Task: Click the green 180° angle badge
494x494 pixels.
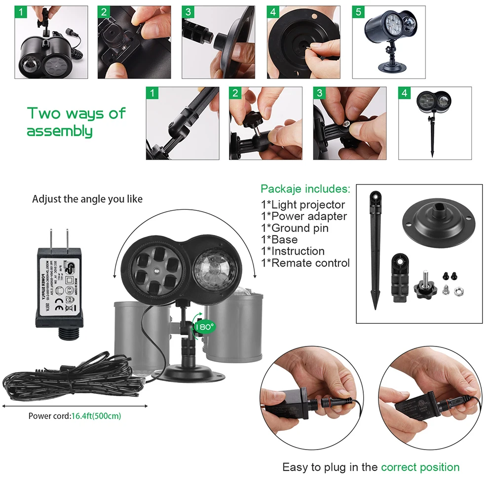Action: [203, 326]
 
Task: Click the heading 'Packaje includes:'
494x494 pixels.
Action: [305, 189]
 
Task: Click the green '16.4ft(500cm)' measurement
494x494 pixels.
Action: [96, 416]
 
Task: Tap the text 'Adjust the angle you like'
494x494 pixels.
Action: [87, 199]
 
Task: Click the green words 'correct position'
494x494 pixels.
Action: [420, 467]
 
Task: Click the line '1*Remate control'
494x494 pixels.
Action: [305, 263]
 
